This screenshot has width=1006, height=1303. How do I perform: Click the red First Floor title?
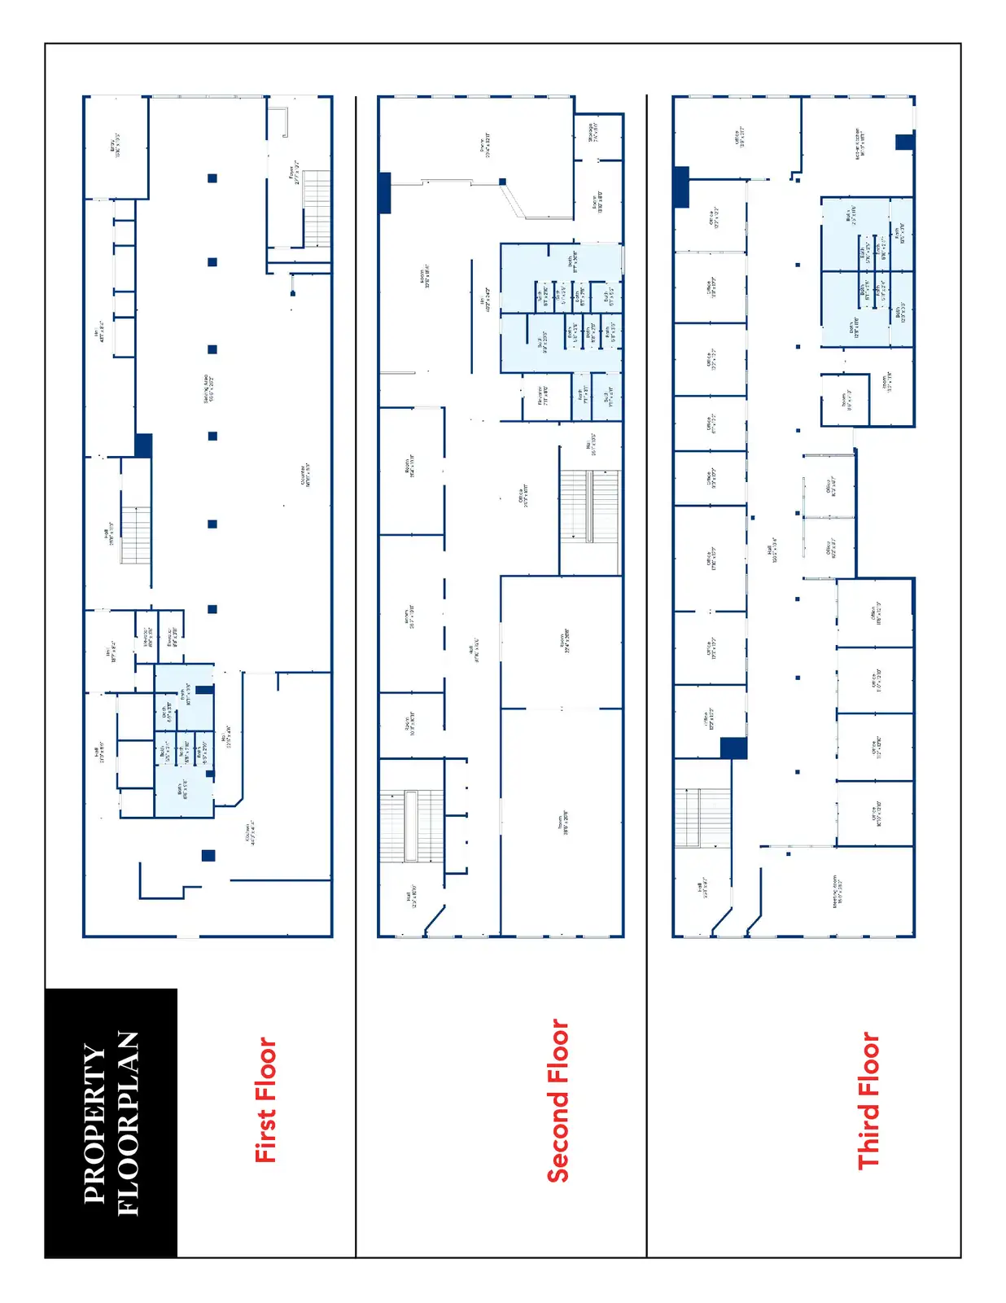(266, 1099)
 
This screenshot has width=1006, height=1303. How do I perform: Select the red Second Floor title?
(558, 1100)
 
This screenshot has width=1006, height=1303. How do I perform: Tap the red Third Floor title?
(868, 1100)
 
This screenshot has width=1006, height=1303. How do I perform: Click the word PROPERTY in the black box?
(94, 1123)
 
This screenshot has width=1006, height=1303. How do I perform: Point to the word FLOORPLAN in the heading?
(129, 1123)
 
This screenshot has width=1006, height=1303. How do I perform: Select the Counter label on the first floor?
(304, 476)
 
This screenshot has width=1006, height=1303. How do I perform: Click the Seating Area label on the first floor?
(208, 388)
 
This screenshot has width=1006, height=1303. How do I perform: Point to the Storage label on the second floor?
(594, 132)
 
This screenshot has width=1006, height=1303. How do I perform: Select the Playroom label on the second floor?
(543, 396)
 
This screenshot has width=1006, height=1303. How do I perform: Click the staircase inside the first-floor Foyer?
(317, 208)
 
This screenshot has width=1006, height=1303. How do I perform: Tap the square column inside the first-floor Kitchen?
(208, 855)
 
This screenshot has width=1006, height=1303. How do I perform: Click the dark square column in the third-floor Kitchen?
(904, 142)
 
